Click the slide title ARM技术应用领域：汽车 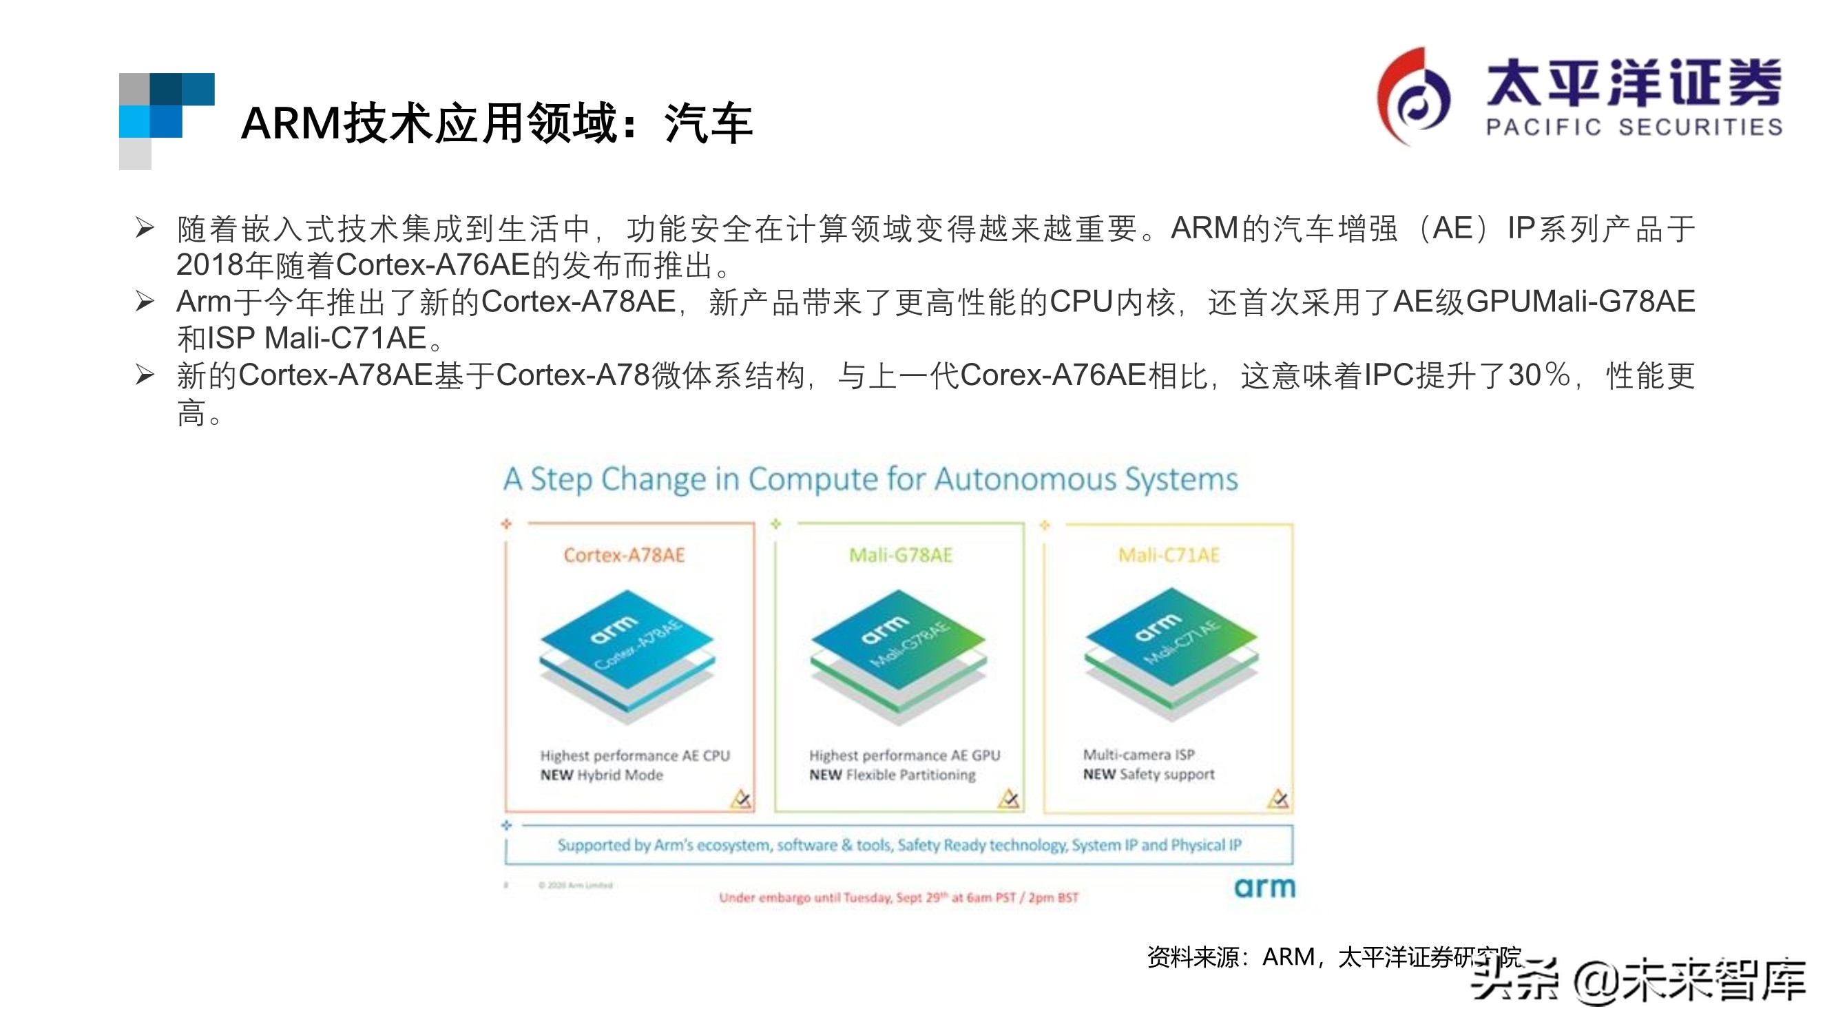496,123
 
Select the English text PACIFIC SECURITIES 1634,127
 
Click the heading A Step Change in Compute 870,479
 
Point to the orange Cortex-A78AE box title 624,555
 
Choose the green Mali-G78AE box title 900,555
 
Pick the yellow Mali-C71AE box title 1168,555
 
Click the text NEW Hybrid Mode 601,775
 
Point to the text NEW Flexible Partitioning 892,775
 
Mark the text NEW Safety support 1148,774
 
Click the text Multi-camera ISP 1138,754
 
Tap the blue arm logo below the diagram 1264,888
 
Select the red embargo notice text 898,897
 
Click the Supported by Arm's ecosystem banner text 899,845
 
